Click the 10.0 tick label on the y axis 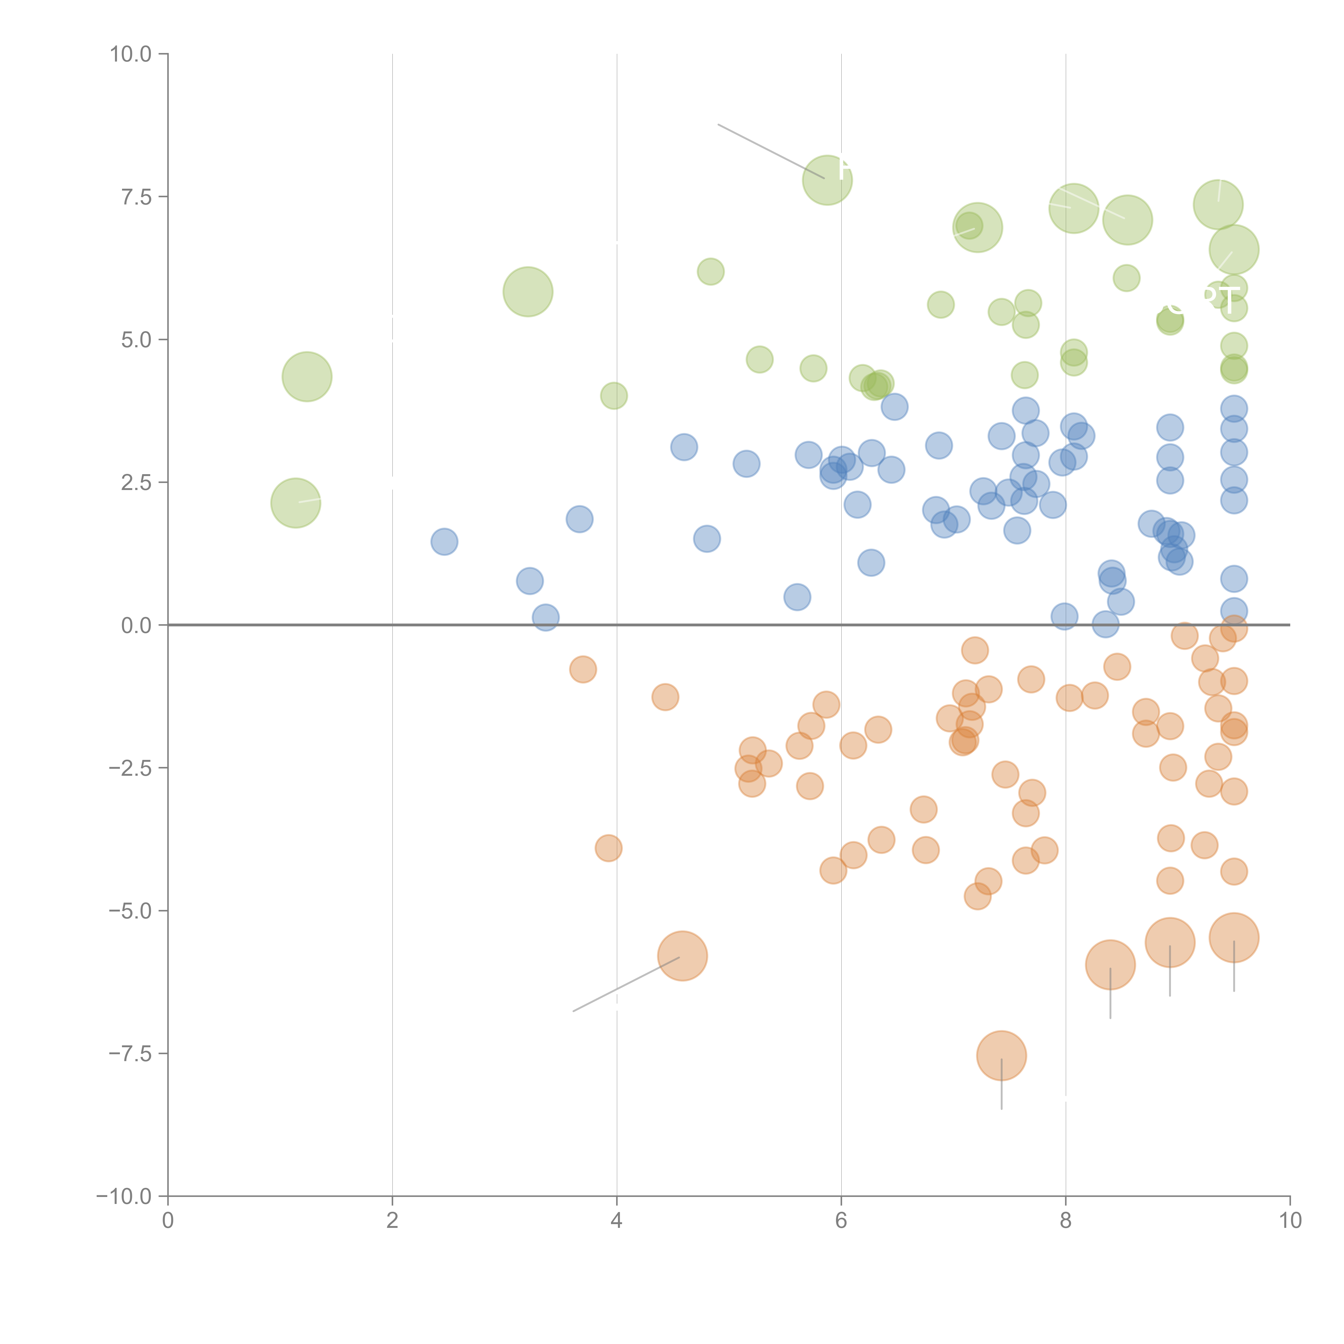point(131,54)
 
